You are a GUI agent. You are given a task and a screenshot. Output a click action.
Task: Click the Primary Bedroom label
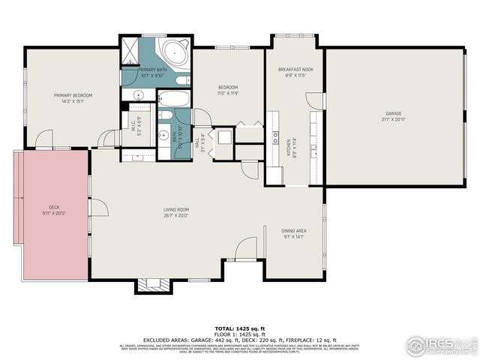pyautogui.click(x=73, y=98)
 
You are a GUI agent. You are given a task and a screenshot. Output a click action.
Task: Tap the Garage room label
pyautogui.click(x=394, y=116)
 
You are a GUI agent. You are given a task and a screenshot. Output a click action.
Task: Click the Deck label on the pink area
pyautogui.click(x=55, y=210)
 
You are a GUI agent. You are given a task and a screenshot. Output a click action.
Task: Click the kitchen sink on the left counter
pyautogui.click(x=275, y=140)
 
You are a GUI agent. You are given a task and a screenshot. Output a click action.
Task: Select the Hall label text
pyautogui.click(x=198, y=139)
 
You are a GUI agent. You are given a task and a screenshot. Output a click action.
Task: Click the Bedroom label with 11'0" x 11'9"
pyautogui.click(x=228, y=90)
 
